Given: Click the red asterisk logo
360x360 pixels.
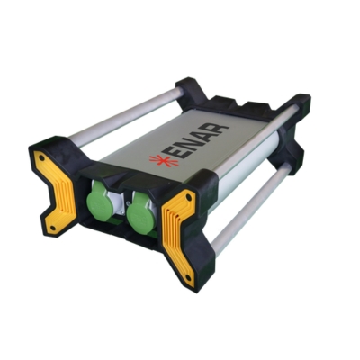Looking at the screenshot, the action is pyautogui.click(x=164, y=159).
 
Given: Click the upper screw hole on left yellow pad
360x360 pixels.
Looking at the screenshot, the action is pyautogui.click(x=41, y=157).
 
